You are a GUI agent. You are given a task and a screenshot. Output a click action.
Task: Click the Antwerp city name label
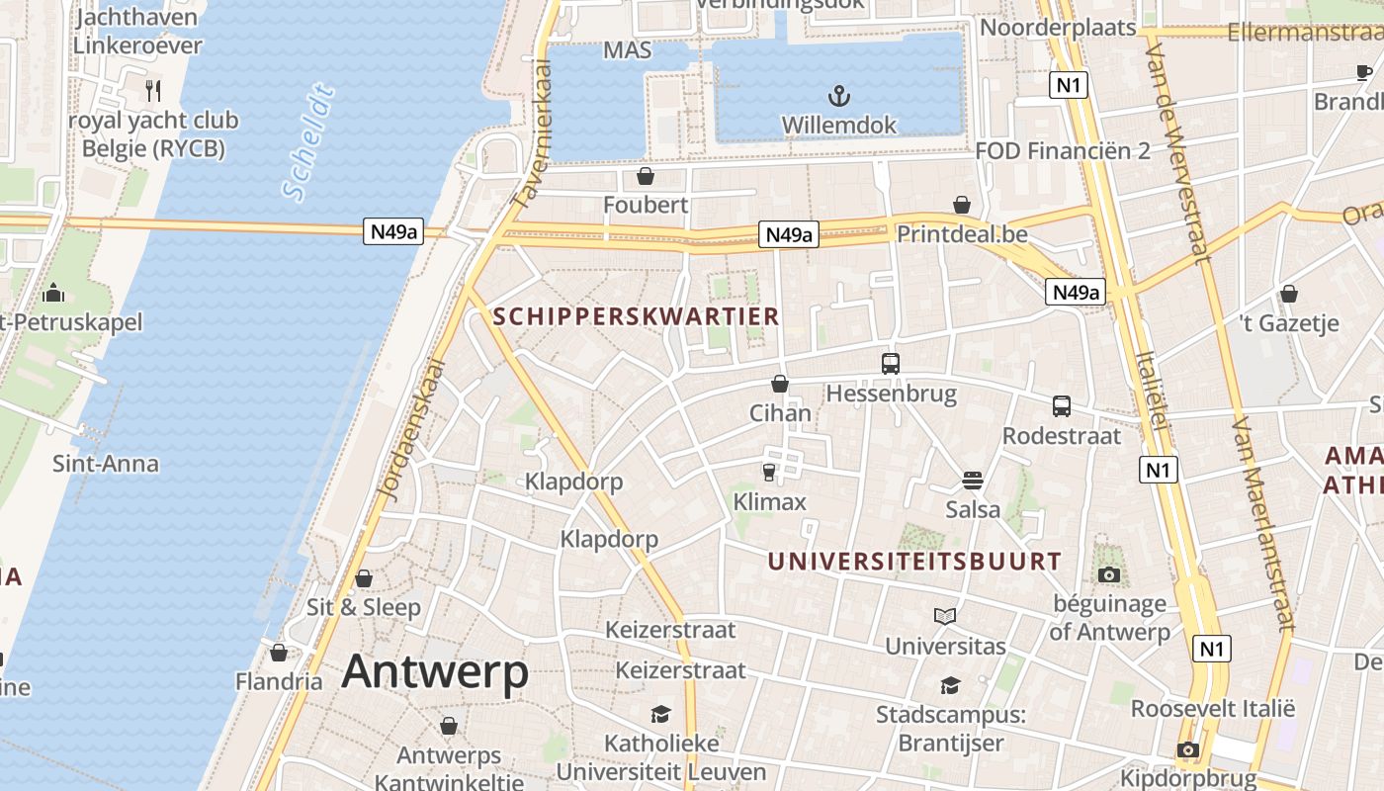click(435, 672)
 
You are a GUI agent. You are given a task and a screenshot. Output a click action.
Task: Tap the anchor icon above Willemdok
click(838, 96)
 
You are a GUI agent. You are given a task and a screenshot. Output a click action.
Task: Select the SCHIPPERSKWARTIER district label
click(636, 316)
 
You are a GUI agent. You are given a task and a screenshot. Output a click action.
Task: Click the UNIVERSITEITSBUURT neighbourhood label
click(914, 562)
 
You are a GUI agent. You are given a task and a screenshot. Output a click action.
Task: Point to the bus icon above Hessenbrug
click(891, 363)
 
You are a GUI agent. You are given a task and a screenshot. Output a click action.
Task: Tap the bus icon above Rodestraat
click(1062, 405)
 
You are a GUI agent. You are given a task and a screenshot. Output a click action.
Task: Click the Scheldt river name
click(307, 144)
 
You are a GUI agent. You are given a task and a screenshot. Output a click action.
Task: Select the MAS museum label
click(628, 49)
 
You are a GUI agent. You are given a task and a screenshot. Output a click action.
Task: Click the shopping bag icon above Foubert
click(646, 176)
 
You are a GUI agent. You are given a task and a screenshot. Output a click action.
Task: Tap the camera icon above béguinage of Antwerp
click(1109, 574)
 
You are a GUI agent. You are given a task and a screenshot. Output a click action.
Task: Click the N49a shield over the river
click(393, 232)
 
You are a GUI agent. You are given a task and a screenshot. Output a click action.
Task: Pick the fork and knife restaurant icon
click(153, 91)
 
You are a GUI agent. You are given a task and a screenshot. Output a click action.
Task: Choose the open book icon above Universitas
click(945, 616)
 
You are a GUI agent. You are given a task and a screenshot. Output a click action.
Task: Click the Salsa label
click(973, 509)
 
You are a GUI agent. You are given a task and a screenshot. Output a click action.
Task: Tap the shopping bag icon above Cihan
click(780, 384)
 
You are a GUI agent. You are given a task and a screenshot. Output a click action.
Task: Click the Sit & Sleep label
click(364, 607)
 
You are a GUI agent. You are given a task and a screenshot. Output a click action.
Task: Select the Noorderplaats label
click(1058, 27)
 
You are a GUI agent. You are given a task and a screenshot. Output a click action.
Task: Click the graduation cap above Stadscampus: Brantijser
click(950, 685)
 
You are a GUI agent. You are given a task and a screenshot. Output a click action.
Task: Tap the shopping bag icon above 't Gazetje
click(1289, 294)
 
